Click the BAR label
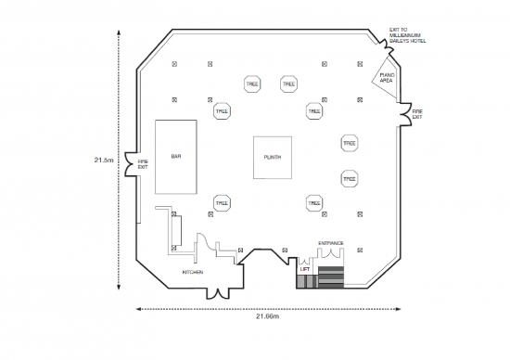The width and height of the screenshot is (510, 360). [x=176, y=157]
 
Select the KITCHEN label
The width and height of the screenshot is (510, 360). [x=193, y=273]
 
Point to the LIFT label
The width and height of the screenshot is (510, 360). [x=305, y=269]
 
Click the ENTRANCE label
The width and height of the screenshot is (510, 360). [x=331, y=244]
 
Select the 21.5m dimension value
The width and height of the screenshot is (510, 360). [x=104, y=160]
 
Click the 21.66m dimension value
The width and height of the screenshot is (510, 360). [x=268, y=315]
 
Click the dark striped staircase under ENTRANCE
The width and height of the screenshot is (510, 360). [x=331, y=275]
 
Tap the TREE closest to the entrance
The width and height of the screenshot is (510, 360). [x=314, y=202]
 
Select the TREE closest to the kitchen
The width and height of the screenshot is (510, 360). [x=222, y=202]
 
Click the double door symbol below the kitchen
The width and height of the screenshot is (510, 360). [x=218, y=291]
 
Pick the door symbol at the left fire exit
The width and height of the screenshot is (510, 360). [x=132, y=164]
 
